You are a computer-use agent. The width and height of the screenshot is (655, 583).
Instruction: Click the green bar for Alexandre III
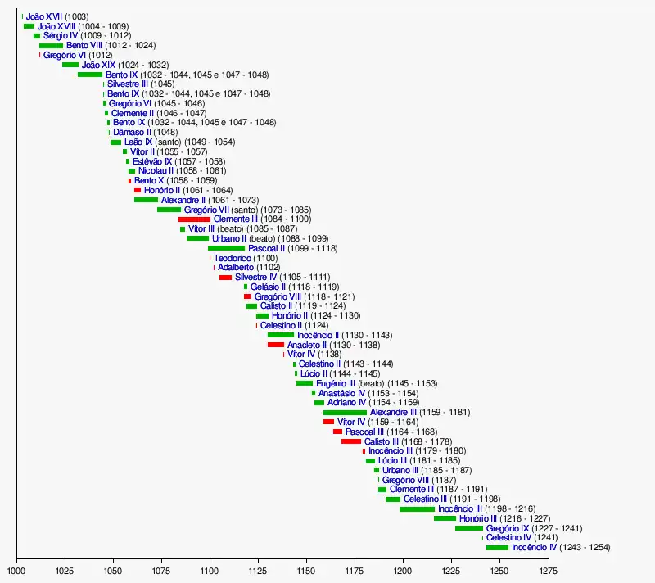[x=345, y=412]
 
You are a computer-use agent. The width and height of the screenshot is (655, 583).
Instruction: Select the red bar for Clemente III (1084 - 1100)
[x=194, y=219]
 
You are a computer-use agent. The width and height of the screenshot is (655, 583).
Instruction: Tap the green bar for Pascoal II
[x=226, y=248]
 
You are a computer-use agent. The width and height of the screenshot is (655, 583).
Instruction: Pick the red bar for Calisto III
[x=351, y=441]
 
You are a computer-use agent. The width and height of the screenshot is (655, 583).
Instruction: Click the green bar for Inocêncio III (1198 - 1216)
[x=418, y=508]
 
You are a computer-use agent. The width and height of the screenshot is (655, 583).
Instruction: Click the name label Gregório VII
[x=207, y=210]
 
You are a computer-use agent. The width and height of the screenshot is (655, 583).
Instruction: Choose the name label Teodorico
[x=233, y=258]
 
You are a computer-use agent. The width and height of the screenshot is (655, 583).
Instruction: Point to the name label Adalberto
[x=236, y=268]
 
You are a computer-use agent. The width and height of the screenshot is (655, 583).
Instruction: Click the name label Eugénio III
[x=335, y=383]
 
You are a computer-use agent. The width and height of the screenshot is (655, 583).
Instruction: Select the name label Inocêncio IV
[x=534, y=547]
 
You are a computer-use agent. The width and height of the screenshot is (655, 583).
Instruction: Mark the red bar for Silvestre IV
[x=225, y=278]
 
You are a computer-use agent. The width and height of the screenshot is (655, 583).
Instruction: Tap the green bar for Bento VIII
[x=51, y=46]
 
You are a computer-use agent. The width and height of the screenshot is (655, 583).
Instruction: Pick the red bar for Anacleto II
[x=276, y=345]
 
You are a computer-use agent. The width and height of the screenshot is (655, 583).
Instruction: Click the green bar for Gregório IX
[x=469, y=528]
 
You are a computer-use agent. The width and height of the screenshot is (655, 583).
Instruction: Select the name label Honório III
[x=477, y=518]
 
